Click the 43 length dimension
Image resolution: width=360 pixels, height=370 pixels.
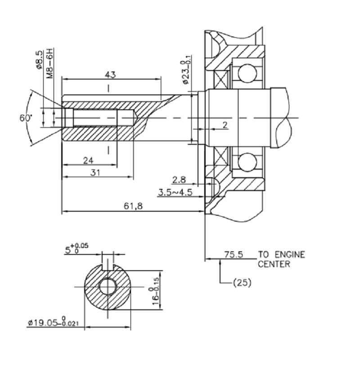click(110, 75)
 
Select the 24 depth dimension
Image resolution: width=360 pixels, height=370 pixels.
click(88, 160)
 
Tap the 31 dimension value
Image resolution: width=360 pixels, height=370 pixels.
click(95, 173)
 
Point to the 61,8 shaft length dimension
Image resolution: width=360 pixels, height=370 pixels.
click(133, 206)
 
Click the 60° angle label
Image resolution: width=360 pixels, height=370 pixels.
click(26, 118)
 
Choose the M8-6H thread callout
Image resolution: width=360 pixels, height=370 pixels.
click(50, 63)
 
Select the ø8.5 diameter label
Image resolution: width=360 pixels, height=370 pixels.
click(40, 60)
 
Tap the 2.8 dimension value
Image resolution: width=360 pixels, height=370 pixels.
click(179, 180)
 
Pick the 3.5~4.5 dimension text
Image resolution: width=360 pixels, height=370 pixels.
click(175, 192)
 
